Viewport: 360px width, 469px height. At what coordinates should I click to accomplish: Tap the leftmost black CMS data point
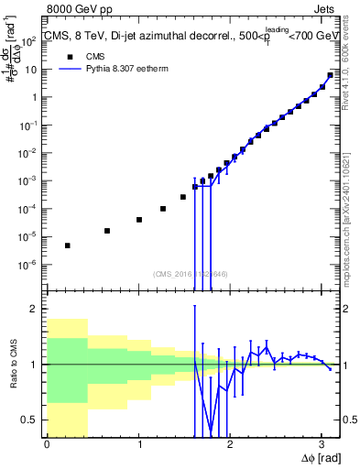pyautogui.click(x=68, y=245)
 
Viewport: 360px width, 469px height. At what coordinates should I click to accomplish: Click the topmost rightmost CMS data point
pyautogui.click(x=330, y=75)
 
